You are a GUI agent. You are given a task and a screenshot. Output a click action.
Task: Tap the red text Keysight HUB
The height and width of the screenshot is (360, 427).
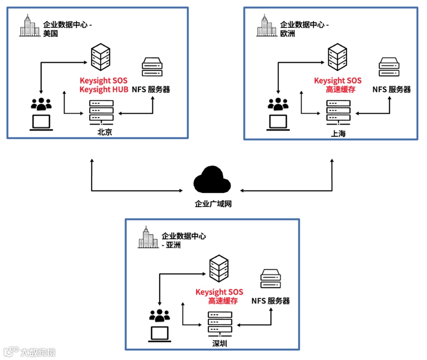coord(104,89)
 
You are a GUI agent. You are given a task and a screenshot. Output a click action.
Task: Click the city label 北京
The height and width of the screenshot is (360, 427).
coord(105,132)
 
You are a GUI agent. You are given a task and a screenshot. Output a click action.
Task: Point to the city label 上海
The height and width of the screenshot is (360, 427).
coord(338,134)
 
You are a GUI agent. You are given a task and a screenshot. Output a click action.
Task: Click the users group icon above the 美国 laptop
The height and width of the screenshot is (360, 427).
coord(41,104)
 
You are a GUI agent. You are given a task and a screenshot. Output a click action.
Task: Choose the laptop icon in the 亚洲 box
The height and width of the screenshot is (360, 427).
coord(160,334)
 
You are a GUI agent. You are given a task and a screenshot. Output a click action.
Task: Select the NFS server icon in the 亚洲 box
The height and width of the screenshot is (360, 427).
coord(271,279)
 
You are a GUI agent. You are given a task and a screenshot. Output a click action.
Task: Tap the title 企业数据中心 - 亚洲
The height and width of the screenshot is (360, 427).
coord(183,240)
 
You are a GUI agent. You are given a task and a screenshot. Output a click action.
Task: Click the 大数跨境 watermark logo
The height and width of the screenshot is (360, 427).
coord(30,351)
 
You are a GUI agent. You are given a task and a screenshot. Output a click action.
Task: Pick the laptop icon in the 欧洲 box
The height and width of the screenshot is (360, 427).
coord(278,123)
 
